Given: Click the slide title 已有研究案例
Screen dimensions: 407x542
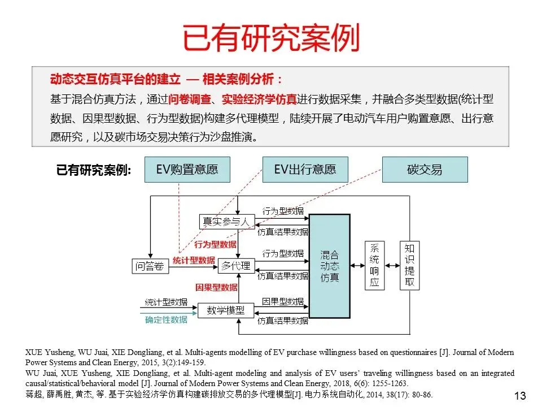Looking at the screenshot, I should [x=271, y=38].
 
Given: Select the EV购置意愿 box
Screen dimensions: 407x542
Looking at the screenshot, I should [x=187, y=169].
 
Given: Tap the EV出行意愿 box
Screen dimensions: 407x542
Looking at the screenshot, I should [x=305, y=169].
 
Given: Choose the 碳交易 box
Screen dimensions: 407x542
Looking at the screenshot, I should [x=425, y=169].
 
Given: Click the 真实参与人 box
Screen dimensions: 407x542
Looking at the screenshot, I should [x=226, y=222].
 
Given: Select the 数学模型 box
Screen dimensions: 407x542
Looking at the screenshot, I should [x=225, y=310].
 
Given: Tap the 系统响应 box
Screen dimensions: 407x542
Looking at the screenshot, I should [x=374, y=265].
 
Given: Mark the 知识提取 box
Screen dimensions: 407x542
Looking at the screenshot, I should [x=409, y=265].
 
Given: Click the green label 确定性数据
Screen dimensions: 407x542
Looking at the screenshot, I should [x=166, y=320].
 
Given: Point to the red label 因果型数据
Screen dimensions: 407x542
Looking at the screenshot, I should [x=216, y=288].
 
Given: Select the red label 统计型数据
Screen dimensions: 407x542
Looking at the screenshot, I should [x=194, y=261].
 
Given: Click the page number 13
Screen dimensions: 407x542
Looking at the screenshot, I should [x=520, y=395].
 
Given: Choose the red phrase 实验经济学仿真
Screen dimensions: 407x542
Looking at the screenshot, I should [x=259, y=99].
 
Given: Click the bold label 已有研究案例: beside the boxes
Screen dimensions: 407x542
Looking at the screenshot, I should [x=94, y=170].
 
